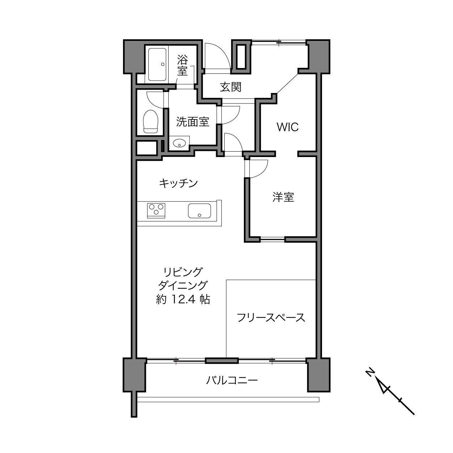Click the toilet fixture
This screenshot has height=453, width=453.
click(x=151, y=121)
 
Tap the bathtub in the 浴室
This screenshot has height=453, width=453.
click(x=157, y=65)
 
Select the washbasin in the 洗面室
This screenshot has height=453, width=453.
click(x=179, y=143)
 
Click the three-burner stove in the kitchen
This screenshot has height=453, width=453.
click(x=156, y=210)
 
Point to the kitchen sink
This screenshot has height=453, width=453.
click(x=199, y=211)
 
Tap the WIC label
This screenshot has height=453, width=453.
click(x=288, y=127)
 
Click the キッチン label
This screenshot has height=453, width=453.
click(x=178, y=183)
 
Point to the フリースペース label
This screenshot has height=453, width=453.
click(x=271, y=317)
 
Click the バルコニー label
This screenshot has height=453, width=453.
click(x=232, y=380)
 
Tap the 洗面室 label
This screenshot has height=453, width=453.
click(x=192, y=122)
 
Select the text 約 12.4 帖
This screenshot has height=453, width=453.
click(x=183, y=299)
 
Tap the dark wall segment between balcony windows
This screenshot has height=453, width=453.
click(x=222, y=361)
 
